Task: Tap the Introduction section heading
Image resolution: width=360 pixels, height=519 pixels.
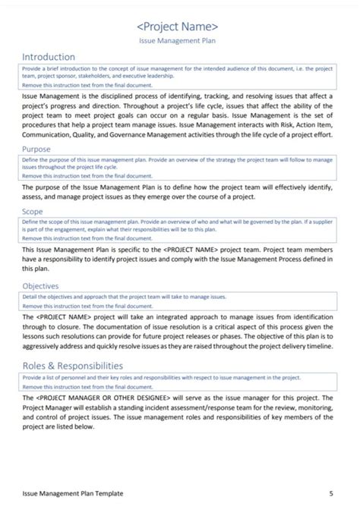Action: tap(49, 57)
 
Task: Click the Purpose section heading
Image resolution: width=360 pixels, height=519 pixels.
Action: tap(36, 149)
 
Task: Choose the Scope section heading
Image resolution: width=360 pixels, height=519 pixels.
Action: tap(33, 212)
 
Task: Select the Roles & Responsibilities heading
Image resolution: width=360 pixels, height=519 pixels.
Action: tap(79, 365)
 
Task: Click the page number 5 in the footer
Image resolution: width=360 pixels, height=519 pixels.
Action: tap(331, 493)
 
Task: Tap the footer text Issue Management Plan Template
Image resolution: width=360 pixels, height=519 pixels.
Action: tap(73, 493)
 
